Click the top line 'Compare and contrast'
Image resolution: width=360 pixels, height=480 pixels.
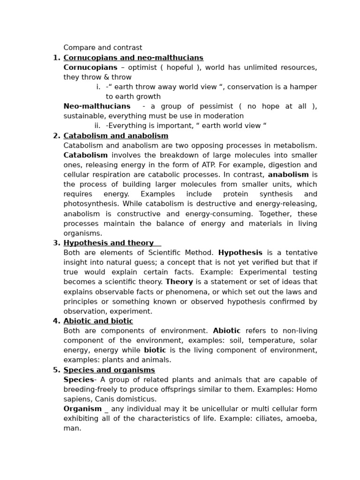point(103,48)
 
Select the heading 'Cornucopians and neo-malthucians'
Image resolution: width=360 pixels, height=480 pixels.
point(133,58)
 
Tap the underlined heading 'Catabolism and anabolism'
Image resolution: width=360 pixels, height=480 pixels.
point(116,136)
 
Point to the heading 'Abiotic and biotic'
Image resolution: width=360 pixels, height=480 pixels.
point(98,321)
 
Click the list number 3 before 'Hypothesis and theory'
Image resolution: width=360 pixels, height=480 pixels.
point(56,243)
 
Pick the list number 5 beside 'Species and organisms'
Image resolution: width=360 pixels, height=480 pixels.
point(56,370)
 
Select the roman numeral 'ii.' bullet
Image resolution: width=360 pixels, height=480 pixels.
point(97,126)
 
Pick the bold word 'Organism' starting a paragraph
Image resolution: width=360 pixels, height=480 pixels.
point(82,409)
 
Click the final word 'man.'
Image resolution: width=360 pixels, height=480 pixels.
point(72,428)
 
